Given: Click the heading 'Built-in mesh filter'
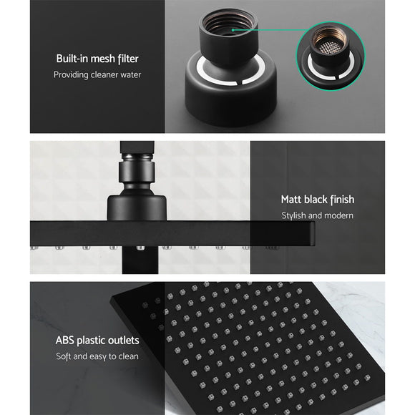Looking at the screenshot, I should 97,59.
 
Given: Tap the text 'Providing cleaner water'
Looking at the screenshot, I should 97,74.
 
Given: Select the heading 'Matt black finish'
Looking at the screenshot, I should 317,200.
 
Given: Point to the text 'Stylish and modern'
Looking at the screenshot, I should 317,215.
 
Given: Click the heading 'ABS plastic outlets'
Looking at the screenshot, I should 97,341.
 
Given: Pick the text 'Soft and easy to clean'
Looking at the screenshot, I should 97,356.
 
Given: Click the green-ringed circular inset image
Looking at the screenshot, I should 330,53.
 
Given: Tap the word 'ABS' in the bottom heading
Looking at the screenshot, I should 67,341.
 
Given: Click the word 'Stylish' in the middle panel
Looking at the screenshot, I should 295,215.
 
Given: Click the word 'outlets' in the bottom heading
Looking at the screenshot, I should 124,341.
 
